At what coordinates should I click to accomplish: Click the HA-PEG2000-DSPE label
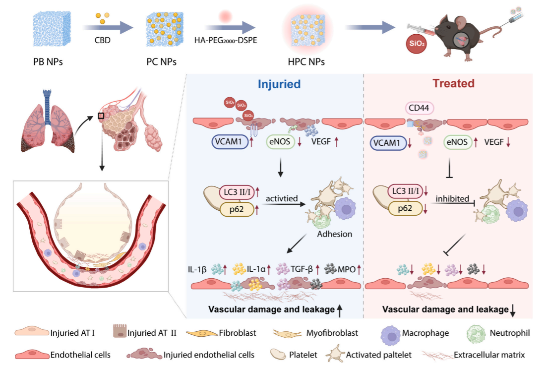pyautogui.click(x=225, y=40)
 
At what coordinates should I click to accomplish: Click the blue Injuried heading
pyautogui.click(x=279, y=84)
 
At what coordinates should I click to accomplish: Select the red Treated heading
pyautogui.click(x=453, y=83)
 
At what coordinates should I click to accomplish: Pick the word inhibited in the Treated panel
pyautogui.click(x=452, y=198)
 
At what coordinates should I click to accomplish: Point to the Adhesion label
pyautogui.click(x=335, y=234)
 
